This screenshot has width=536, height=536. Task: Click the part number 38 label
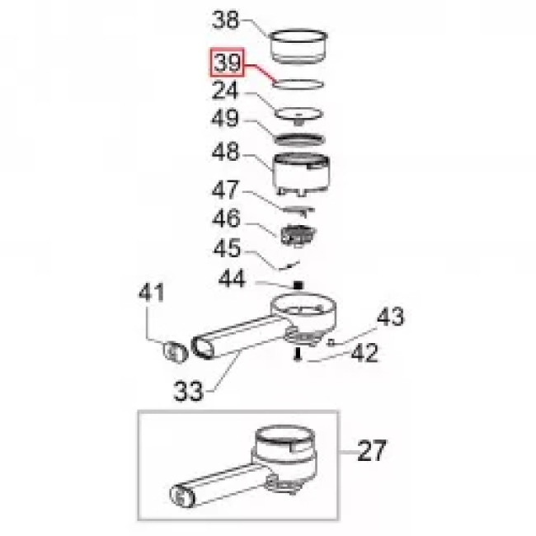point(225,20)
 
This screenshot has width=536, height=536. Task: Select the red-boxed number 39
point(227,63)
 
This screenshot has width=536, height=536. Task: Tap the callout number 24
point(224,91)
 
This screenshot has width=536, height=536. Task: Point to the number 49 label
point(224,118)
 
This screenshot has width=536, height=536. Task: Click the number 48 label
point(225,152)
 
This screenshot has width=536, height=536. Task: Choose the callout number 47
point(224,190)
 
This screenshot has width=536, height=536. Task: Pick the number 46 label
point(226,219)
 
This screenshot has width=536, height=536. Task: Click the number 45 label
point(227,248)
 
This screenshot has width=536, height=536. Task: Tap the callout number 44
point(232,279)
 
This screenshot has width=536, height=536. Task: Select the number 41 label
point(151,292)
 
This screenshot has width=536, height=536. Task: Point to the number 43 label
point(390,316)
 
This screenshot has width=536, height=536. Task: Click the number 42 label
point(364,353)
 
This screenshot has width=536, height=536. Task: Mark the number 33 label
point(188,392)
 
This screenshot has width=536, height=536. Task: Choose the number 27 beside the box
point(372,451)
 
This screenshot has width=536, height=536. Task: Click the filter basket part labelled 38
point(299,47)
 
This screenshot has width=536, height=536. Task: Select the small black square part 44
point(298,285)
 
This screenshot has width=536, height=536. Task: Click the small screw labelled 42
point(298,354)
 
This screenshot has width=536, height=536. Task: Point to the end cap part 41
point(175,352)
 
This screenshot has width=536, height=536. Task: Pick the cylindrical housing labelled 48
point(301,175)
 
